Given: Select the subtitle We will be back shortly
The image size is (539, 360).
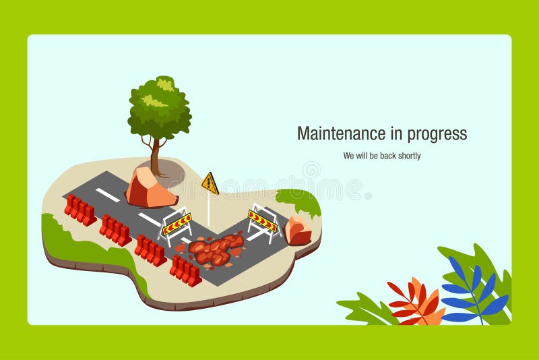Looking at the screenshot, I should (x=381, y=156).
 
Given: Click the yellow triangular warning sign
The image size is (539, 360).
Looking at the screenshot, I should (x=210, y=183).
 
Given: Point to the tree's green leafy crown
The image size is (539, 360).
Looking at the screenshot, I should (x=160, y=108).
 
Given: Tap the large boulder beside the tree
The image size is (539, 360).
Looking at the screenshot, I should (x=150, y=188).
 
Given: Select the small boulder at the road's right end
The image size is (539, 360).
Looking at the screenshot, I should (x=298, y=231).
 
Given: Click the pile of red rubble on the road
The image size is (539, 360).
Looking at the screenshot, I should (x=214, y=249).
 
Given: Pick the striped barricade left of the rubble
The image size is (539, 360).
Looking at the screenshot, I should (x=177, y=224).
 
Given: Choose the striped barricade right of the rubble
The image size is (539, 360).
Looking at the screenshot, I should (x=263, y=220).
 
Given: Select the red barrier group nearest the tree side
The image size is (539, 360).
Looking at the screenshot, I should (x=80, y=210).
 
